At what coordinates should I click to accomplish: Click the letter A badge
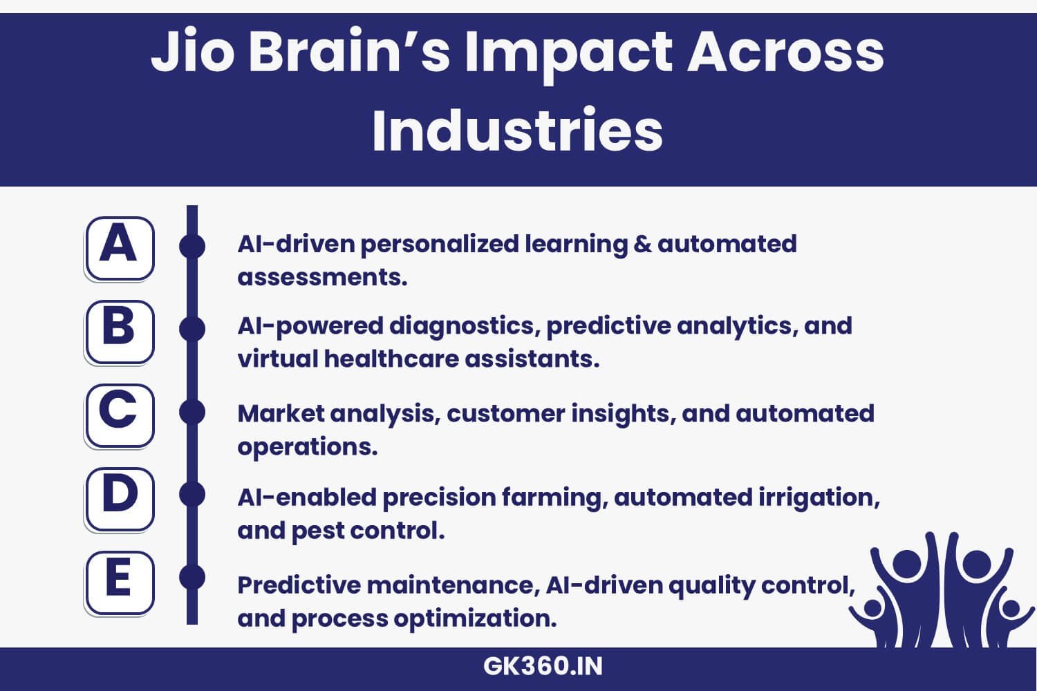tap(119, 248)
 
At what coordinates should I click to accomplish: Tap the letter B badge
tap(119, 332)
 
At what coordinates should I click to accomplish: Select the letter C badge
tap(119, 415)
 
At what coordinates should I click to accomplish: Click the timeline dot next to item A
tap(192, 247)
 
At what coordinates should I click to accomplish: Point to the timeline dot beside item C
tap(192, 413)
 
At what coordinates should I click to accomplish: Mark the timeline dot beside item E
tap(192, 577)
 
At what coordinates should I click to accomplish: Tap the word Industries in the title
tap(517, 130)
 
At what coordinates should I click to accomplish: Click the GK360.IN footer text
tap(543, 667)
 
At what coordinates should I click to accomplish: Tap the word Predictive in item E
tap(299, 585)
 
